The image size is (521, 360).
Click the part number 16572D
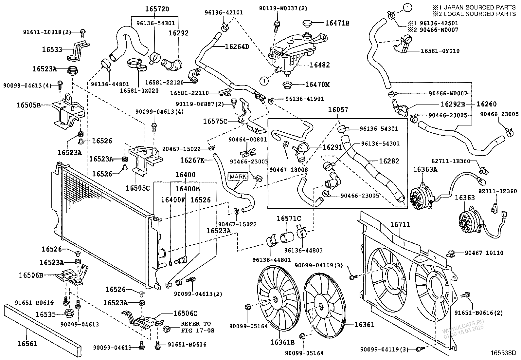[157, 9]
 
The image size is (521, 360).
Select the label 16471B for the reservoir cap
[337, 23]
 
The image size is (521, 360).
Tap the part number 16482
[320, 65]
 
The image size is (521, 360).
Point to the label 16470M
[317, 85]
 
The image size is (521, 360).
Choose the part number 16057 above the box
[338, 110]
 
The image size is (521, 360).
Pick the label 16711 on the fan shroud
[400, 224]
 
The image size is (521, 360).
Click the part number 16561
[27, 344]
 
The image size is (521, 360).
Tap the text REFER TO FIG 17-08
[198, 327]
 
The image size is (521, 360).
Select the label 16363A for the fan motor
[425, 169]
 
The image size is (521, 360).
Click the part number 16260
[486, 104]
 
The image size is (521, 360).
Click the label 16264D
[237, 47]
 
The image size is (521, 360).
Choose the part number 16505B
[29, 105]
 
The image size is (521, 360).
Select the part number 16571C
[289, 218]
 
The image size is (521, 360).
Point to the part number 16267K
[192, 160]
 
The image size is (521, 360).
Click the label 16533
[52, 49]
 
